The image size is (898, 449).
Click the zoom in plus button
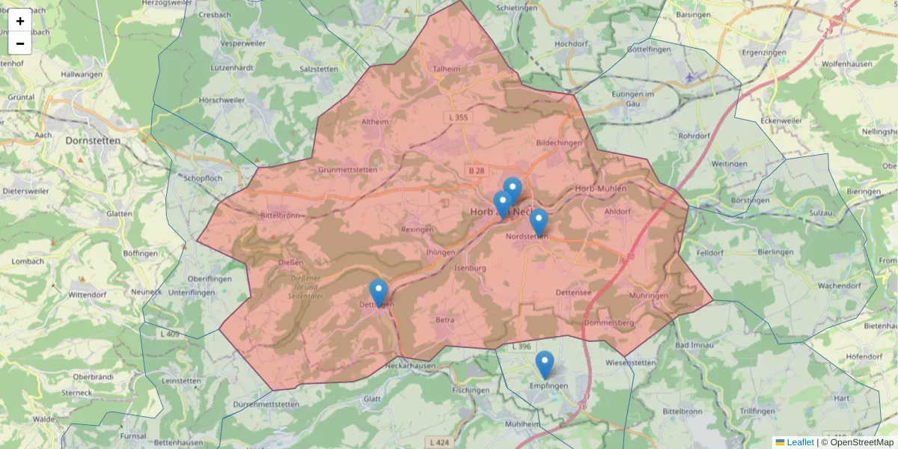coord(20,21)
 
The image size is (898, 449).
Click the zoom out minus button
coord(20,43)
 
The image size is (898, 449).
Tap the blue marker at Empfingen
coord(545,364)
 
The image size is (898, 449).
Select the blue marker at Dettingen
coord(379,293)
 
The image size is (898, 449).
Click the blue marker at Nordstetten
coord(539,222)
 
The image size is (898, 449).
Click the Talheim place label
coord(447,68)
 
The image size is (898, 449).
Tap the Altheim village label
coord(375,122)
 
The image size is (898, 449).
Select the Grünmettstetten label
coord(347,170)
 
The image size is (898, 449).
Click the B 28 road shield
coord(476,171)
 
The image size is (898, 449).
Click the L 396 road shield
coord(521,347)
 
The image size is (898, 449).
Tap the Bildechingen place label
coord(559,142)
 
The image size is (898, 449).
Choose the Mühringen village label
coord(648,296)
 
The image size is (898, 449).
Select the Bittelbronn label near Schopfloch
coord(278,216)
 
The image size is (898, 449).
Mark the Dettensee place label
coord(575,293)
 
